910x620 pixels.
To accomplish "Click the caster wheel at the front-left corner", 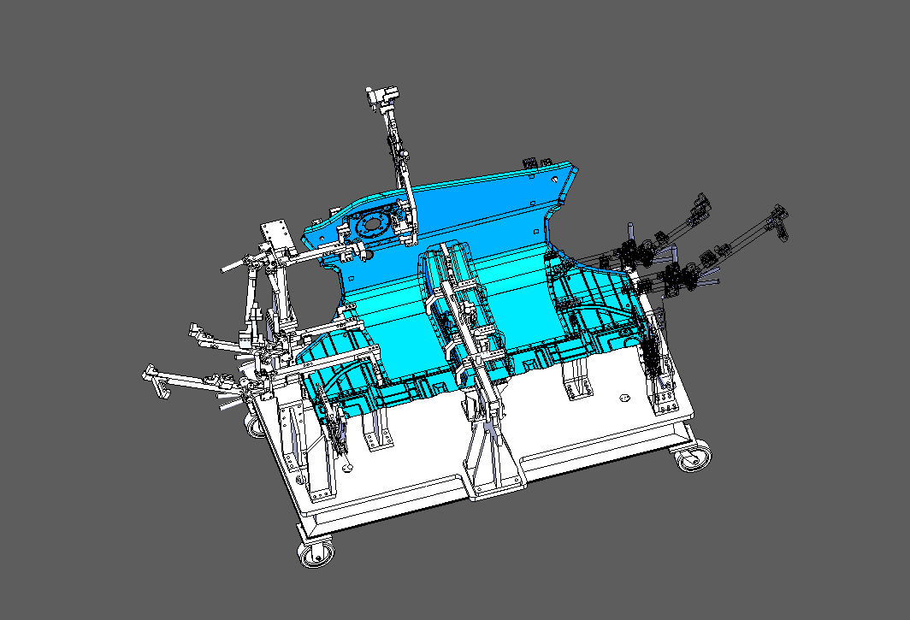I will [x=316, y=552].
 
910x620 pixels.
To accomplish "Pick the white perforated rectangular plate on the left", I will [x=277, y=234].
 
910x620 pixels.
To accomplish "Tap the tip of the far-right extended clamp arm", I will [x=780, y=214].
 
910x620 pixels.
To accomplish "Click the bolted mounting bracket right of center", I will [x=578, y=380].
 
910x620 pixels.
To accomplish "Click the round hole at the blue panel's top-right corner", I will [x=560, y=180].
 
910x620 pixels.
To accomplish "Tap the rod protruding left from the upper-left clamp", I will [x=235, y=266].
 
